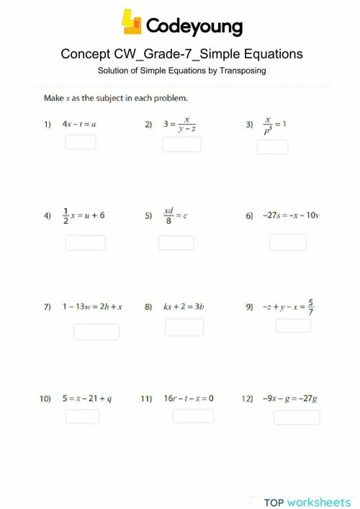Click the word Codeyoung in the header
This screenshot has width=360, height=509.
(194, 27)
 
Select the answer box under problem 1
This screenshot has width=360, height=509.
(81, 142)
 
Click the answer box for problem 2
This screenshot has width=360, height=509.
(181, 145)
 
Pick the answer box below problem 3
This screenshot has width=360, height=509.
(272, 146)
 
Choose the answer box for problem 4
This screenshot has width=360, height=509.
(85, 243)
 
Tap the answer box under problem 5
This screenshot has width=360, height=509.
(176, 243)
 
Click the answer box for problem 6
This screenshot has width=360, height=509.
(288, 242)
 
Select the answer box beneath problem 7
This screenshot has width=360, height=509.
(96, 331)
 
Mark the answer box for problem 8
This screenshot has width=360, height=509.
(184, 327)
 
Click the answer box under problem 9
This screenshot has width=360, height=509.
(293, 325)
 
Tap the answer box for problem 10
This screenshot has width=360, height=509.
(83, 416)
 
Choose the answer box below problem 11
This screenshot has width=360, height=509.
(193, 415)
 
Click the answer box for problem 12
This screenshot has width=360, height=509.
(297, 417)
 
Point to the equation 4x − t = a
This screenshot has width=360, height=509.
(79, 124)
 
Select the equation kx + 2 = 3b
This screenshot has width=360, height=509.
(185, 307)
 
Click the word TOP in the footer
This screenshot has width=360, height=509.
(274, 502)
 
